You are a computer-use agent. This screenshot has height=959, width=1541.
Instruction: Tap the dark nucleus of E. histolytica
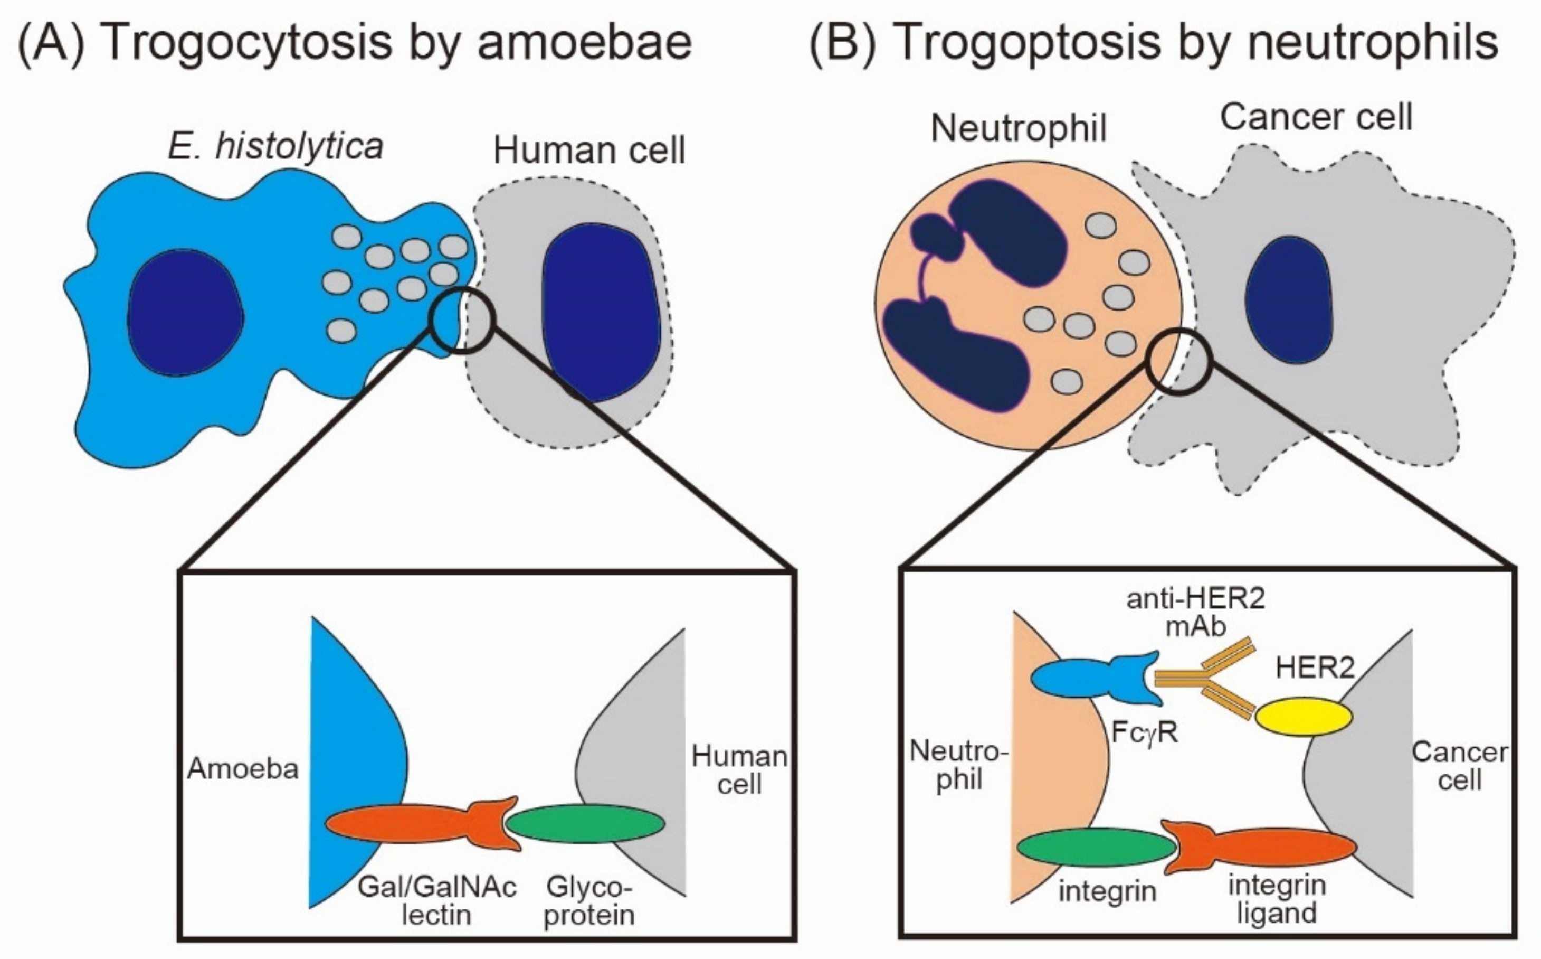coord(185,312)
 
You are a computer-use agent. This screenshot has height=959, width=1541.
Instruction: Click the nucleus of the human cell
coord(600,312)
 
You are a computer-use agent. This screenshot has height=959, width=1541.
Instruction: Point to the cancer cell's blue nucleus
coord(1288,299)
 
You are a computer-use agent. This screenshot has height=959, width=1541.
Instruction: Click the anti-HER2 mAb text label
coord(1195,612)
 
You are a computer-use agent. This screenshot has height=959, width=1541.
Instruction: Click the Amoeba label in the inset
coord(243,769)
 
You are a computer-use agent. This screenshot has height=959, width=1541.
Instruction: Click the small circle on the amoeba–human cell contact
coord(461,319)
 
